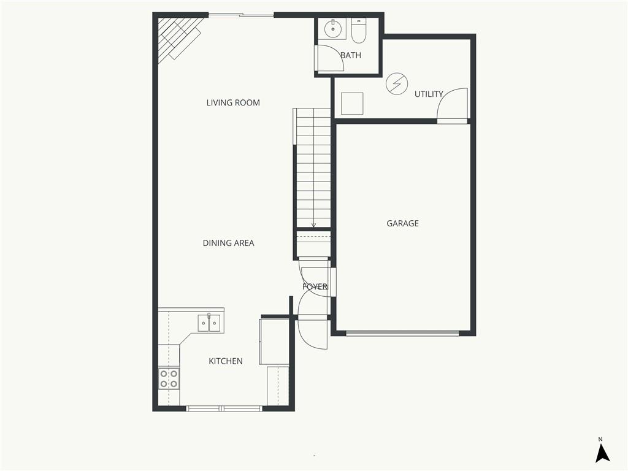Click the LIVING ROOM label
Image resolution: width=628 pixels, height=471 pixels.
point(233,103)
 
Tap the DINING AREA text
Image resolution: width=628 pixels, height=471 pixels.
point(228,243)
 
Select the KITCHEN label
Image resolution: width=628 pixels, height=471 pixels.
point(226,361)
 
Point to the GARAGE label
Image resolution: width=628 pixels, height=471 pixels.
point(402,224)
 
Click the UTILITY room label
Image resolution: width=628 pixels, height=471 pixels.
point(429,94)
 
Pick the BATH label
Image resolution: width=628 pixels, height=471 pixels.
point(351,55)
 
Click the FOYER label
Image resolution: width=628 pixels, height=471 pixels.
point(315,286)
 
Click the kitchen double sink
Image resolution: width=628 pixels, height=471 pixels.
point(209,323)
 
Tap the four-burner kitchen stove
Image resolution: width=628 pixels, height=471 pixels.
point(169,378)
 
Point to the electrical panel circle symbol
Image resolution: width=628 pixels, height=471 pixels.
point(397,84)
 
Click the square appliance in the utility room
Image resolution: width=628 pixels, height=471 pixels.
point(352,103)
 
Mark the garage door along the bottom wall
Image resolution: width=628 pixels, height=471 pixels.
point(402,333)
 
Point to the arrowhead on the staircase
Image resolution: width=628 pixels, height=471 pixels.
point(313,225)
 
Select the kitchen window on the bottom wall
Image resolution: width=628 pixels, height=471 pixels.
point(224,408)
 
